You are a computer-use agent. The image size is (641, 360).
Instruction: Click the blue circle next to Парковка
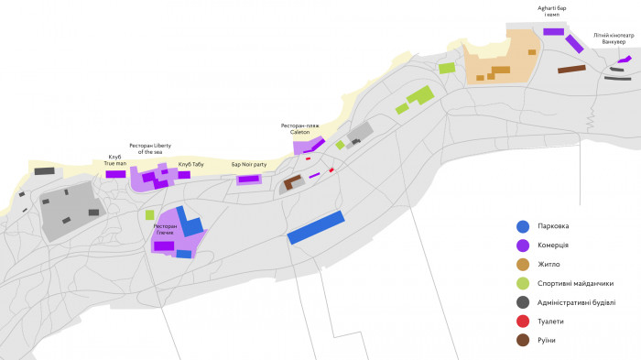[523, 226]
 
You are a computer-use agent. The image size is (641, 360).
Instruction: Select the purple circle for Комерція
[523, 245]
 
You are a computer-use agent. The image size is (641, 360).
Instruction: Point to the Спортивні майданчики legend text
[576, 283]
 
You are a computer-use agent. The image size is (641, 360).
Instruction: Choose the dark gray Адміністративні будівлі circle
[523, 302]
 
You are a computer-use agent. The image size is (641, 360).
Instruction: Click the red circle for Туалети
[523, 322]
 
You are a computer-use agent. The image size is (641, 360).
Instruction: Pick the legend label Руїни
[548, 341]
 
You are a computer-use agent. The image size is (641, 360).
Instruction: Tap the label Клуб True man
[115, 159]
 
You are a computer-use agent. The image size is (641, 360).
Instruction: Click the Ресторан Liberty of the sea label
[150, 147]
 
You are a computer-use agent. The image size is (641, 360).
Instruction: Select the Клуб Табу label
[190, 165]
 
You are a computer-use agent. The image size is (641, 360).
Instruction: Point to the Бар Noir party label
[249, 165]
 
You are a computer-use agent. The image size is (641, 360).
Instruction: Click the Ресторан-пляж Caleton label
[300, 128]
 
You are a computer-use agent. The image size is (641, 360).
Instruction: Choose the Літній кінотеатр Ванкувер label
[614, 38]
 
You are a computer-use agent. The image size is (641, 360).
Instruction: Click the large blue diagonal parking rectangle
[315, 227]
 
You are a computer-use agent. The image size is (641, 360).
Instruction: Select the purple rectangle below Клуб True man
[115, 174]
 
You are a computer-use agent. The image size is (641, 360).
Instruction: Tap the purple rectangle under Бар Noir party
[249, 179]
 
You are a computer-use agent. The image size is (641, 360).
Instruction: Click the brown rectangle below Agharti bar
[571, 69]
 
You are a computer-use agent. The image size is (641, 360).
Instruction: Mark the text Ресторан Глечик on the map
[165, 229]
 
